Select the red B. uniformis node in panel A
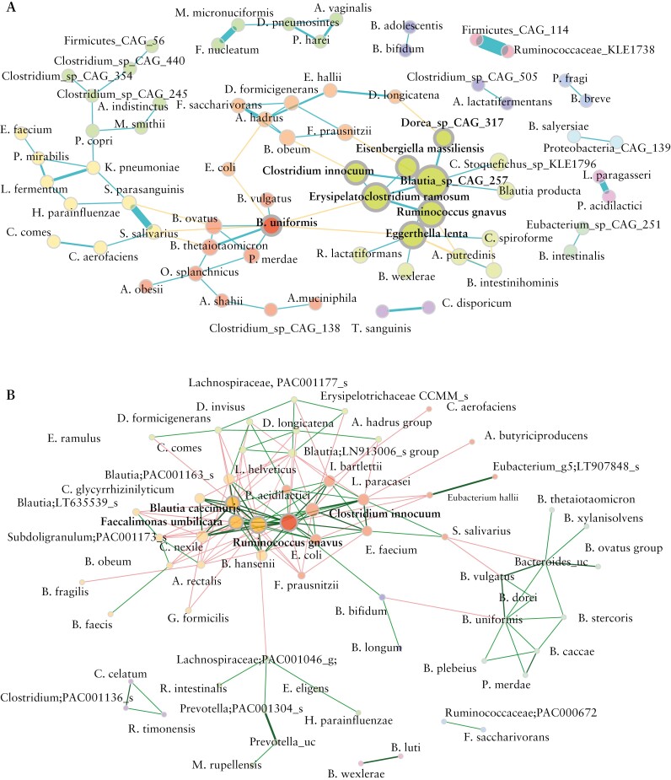coord(270,226)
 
